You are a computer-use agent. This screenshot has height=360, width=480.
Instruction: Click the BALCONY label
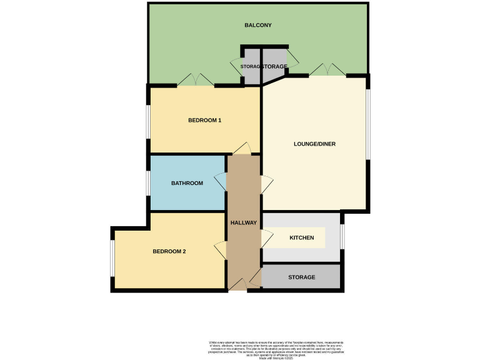pyautogui.click(x=257, y=25)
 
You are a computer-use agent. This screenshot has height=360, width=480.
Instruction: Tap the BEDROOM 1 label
pyautogui.click(x=205, y=120)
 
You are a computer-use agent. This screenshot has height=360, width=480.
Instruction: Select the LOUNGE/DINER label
pyautogui.click(x=314, y=144)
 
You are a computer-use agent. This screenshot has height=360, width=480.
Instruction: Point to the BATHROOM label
pyautogui.click(x=187, y=183)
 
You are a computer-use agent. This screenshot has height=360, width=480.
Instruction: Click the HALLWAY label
pyautogui.click(x=244, y=222)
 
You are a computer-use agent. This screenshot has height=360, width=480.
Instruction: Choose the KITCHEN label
pyautogui.click(x=302, y=238)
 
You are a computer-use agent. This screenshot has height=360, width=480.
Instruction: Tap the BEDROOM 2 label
pyautogui.click(x=169, y=251)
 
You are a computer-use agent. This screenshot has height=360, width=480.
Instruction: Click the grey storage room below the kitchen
pyautogui.click(x=301, y=277)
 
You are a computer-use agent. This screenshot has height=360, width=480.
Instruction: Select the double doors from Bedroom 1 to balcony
pyautogui.click(x=196, y=81)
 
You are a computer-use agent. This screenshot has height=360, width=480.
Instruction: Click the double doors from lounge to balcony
pyautogui.click(x=327, y=70)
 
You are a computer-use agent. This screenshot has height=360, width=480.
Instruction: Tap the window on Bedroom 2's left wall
pyautogui.click(x=112, y=257)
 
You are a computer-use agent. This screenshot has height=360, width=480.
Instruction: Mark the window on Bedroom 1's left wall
pyautogui.click(x=149, y=121)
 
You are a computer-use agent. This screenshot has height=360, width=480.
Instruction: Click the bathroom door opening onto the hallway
pyautogui.click(x=221, y=183)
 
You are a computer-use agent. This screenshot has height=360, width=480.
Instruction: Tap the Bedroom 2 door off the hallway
pyautogui.click(x=221, y=251)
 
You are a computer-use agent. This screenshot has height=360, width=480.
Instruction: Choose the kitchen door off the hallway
pyautogui.click(x=266, y=238)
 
